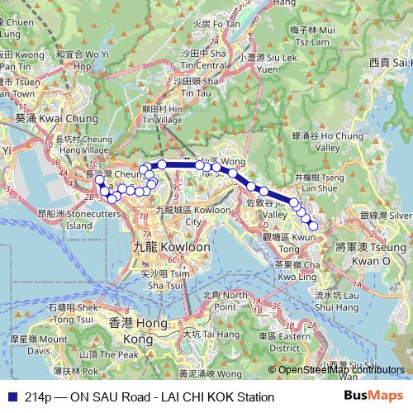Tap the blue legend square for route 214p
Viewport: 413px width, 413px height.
click(11, 397)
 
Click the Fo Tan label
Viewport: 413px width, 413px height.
click(216, 24)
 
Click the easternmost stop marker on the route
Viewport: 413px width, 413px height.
click(313, 225)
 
